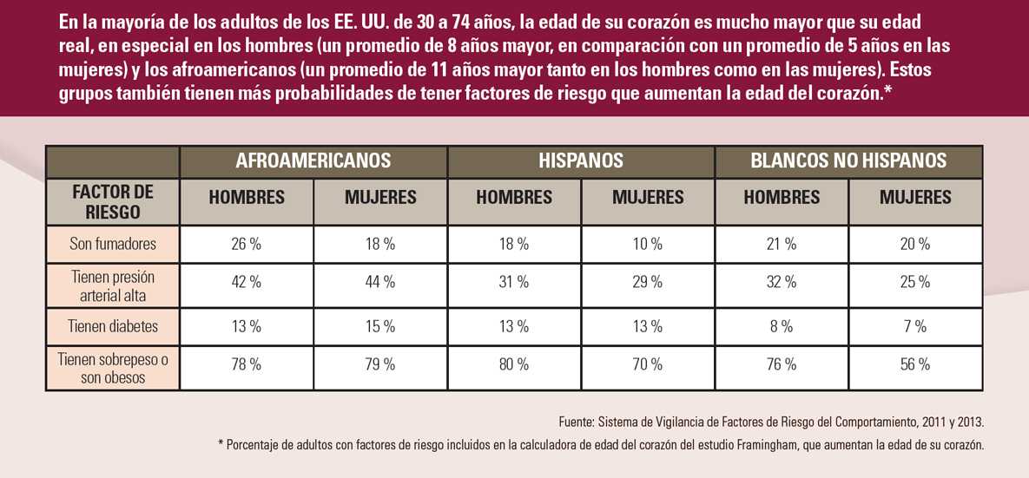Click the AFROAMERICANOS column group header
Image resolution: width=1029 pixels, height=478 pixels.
[313, 160]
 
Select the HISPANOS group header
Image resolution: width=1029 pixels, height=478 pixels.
[581, 160]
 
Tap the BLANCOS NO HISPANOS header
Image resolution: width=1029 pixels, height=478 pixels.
[848, 160]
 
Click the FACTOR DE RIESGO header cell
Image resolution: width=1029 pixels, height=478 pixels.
[113, 201]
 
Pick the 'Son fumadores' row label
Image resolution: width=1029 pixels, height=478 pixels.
[113, 244]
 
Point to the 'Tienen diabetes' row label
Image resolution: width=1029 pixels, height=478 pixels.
[113, 326]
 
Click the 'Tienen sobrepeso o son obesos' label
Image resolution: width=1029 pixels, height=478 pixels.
[113, 368]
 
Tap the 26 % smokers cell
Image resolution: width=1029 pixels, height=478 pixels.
[247, 245]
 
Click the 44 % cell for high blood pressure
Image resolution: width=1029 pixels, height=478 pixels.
[380, 282]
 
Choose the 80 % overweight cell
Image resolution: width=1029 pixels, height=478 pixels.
[514, 365]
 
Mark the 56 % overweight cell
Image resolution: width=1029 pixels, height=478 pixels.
[915, 365]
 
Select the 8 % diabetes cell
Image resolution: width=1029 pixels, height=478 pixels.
[782, 327]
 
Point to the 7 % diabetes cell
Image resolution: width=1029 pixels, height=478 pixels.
[915, 327]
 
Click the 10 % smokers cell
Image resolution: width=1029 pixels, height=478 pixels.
[648, 245]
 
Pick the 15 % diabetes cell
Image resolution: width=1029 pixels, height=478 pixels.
[380, 327]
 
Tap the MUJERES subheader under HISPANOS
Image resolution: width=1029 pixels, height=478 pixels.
[648, 198]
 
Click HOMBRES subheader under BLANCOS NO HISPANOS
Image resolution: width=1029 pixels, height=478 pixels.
[782, 198]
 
